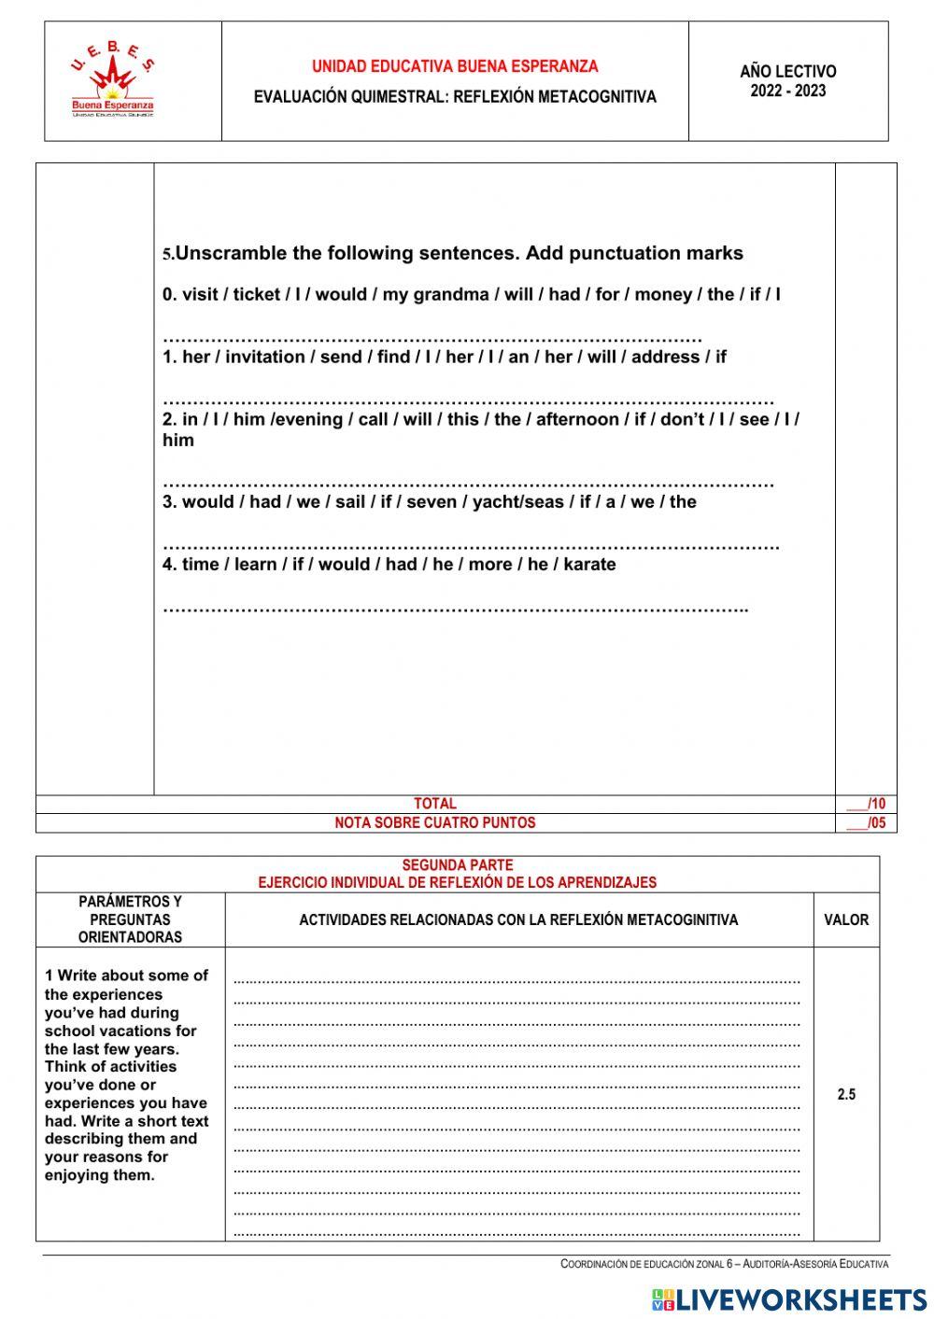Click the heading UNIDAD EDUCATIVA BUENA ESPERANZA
point(455,66)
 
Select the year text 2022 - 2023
point(787,91)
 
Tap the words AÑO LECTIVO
point(787,71)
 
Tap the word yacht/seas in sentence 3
point(518,502)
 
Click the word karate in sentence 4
point(589,564)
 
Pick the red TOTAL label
point(435,804)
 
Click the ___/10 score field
point(866,804)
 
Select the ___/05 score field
point(866,823)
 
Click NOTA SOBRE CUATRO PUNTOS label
point(435,823)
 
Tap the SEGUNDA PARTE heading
point(457,865)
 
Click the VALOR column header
point(846,919)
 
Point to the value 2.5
point(846,1094)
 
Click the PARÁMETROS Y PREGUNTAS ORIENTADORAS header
point(130,919)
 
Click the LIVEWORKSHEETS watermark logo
point(789,1298)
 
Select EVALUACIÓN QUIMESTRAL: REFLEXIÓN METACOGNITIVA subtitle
point(455,97)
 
